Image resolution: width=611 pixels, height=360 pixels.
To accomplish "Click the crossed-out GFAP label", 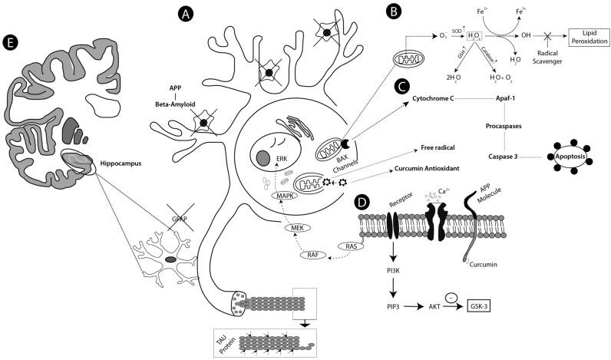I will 178,218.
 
